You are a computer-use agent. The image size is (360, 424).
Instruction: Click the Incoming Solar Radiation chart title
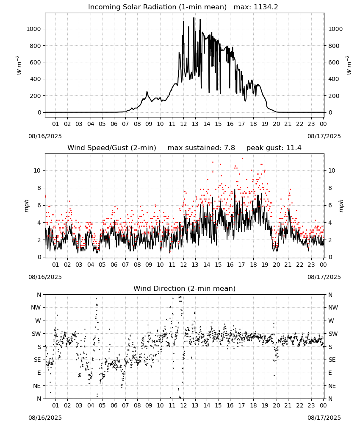[157, 7]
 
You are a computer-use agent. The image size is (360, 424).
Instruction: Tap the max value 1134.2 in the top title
[266, 7]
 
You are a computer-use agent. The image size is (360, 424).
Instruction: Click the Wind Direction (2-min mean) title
[185, 288]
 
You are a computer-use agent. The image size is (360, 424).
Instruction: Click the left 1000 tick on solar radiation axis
[33, 29]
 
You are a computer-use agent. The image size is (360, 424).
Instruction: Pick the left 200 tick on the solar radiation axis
[36, 96]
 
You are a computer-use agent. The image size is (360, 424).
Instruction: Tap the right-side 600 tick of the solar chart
[334, 62]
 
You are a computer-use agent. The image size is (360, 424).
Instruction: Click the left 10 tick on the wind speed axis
[37, 170]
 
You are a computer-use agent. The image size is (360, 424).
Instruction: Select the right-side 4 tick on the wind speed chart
[330, 223]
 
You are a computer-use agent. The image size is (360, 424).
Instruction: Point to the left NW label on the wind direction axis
[36, 308]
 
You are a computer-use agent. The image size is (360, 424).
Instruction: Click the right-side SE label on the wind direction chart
[332, 360]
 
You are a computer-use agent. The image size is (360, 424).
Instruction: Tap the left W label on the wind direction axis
[38, 321]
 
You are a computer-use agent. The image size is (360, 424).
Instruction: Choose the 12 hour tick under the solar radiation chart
[183, 124]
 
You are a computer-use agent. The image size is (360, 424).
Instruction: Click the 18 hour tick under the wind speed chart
[253, 265]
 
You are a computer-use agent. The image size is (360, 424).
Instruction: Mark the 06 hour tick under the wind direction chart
[114, 405]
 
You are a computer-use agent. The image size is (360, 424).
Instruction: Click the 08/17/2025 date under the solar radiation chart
[324, 136]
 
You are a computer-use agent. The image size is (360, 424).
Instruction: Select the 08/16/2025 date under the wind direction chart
[45, 418]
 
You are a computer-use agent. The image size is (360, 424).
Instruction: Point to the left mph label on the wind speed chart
[26, 206]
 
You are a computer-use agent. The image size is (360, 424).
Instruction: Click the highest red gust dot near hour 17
[242, 158]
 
